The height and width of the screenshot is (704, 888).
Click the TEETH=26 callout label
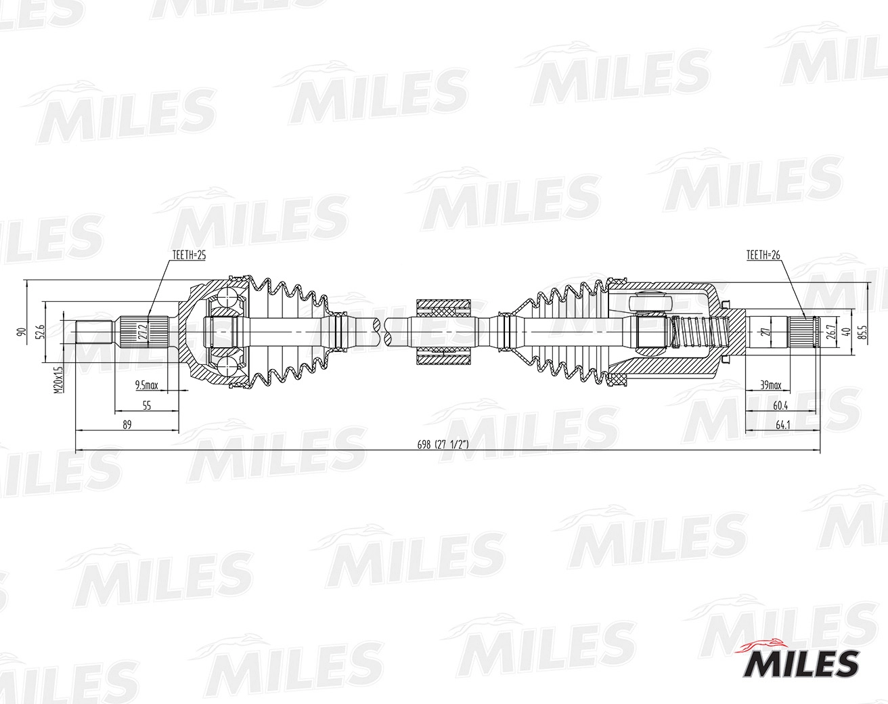tap(763, 255)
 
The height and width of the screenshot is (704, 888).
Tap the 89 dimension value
tap(127, 424)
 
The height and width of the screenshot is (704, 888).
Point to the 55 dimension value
tap(146, 405)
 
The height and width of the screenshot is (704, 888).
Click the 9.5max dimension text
tap(146, 386)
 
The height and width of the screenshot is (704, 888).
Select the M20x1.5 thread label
tap(59, 380)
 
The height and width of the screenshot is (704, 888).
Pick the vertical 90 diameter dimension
tap(21, 332)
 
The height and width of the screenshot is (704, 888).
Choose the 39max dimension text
tap(770, 386)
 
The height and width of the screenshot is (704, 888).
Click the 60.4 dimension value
tap(780, 405)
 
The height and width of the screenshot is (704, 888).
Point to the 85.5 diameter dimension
tap(861, 332)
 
